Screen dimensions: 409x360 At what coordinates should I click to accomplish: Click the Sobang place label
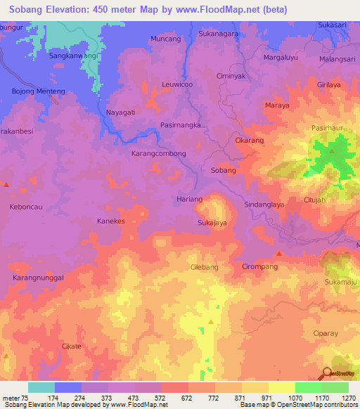coord(223,171)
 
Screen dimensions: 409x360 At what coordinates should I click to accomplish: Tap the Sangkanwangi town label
coord(73,55)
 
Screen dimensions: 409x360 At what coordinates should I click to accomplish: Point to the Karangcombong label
coord(159,153)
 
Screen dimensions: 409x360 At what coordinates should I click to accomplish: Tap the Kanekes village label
coord(110,221)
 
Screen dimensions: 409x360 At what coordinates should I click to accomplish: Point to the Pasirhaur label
coord(328,128)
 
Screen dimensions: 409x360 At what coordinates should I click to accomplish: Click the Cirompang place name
coord(260,267)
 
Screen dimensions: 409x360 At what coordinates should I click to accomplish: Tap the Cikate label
coord(72,346)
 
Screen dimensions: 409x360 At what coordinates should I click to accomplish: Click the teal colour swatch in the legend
coord(41,387)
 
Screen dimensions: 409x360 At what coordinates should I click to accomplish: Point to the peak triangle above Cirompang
coord(279,253)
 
